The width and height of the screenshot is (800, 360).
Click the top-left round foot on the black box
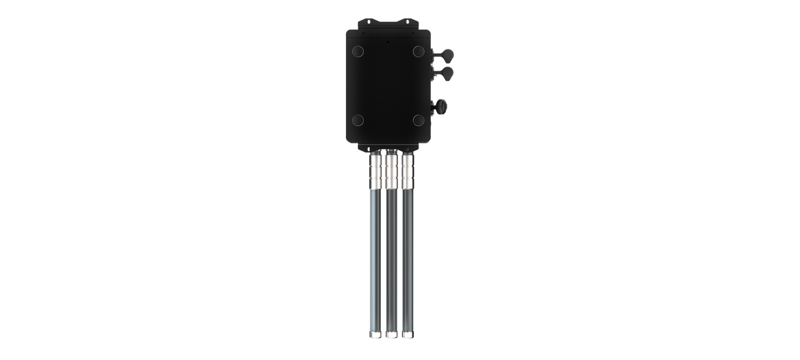point(357,51)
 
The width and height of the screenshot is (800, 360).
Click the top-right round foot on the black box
point(417,51)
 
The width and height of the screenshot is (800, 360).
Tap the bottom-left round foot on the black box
point(357,120)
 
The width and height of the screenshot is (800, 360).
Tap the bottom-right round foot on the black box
point(417,120)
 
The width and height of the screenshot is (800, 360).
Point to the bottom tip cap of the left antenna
point(374,335)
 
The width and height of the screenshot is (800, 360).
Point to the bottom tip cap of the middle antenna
point(391,335)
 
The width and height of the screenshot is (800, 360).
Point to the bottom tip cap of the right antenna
point(408,335)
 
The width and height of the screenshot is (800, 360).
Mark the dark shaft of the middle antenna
point(391,257)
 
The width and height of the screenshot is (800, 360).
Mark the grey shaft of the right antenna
point(408,257)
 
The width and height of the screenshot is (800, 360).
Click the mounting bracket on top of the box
point(387,24)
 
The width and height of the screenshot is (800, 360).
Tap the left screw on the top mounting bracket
point(366,29)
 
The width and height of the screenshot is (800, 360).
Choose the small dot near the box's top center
point(387,41)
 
